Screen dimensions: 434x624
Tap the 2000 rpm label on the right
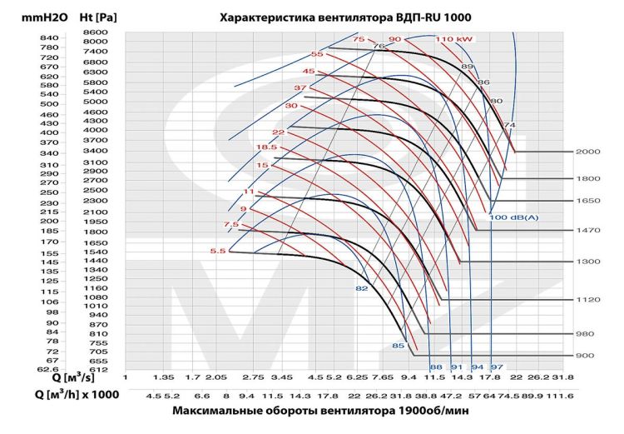tap(587, 152)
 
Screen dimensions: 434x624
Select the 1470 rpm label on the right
tap(587, 230)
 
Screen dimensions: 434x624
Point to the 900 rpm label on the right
tap(585, 355)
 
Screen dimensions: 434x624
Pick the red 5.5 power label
tap(218, 251)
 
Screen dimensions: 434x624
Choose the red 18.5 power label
tap(266, 147)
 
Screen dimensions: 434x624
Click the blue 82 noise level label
tap(362, 288)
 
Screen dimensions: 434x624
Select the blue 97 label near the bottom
tap(497, 367)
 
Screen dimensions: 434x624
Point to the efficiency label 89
tap(467, 67)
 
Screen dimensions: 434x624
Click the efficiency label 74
tap(510, 125)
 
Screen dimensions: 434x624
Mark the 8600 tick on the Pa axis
tap(96, 32)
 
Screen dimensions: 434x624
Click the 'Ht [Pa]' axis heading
tap(97, 17)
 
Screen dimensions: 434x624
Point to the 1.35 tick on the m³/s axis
tap(164, 377)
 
